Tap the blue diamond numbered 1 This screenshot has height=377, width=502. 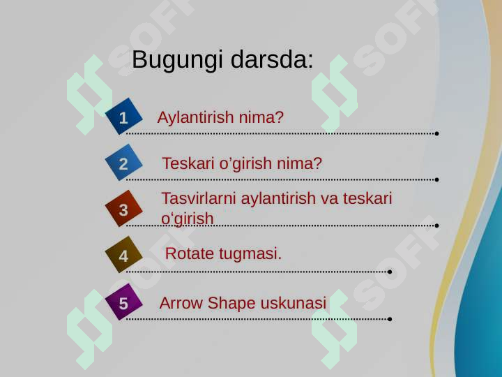tap(124, 117)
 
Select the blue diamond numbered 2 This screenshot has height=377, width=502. tap(124, 163)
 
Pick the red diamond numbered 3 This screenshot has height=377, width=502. tap(124, 209)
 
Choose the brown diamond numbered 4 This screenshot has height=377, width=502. tap(124, 256)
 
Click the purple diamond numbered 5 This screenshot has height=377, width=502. tap(124, 303)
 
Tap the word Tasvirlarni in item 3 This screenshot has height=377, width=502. tap(199, 198)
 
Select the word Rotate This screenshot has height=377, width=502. tap(190, 253)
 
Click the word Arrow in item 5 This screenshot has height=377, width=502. tap(181, 304)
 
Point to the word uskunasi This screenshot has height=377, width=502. tap(293, 304)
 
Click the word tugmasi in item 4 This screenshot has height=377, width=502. tap(250, 253)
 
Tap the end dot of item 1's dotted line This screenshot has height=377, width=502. tap(436, 133)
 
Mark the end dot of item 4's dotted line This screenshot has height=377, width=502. tap(389, 272)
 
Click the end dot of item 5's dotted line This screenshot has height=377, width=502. tap(389, 319)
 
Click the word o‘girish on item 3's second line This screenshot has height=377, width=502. tap(187, 219)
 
